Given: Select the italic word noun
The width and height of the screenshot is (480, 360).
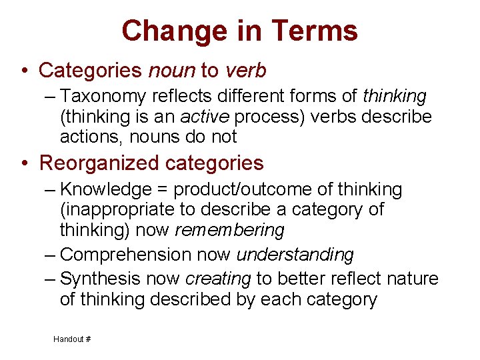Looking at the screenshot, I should [x=172, y=70].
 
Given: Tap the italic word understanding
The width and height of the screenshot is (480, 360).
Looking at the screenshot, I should [x=295, y=255].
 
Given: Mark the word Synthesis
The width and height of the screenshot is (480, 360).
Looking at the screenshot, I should [x=105, y=279].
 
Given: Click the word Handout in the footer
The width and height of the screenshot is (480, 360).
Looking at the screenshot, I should [x=69, y=339].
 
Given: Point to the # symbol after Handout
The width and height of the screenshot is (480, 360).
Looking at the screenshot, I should [x=88, y=339].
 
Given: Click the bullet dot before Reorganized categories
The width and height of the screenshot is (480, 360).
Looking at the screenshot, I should [x=23, y=164].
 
